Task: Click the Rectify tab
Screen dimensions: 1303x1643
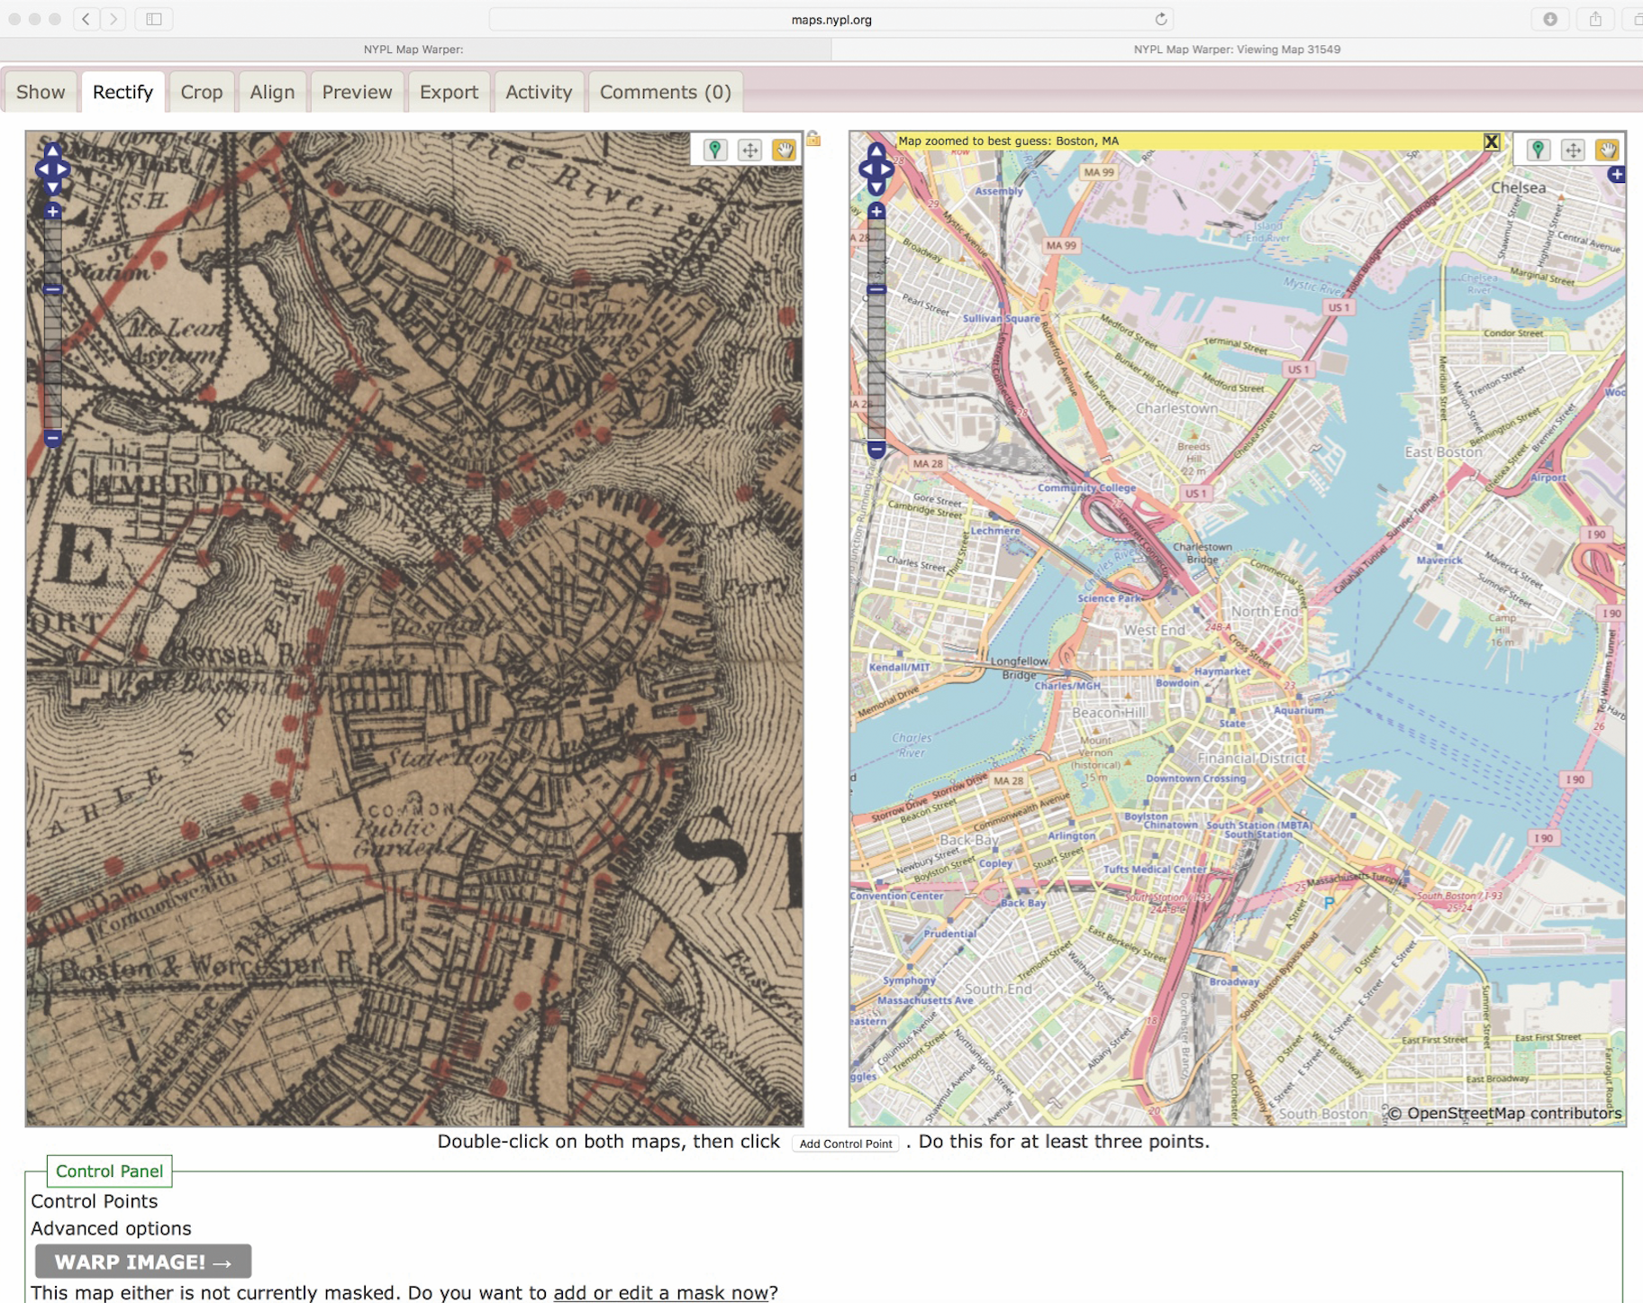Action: coord(123,92)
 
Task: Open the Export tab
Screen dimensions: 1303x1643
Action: coord(449,92)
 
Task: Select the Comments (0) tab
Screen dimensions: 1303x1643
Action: coord(665,92)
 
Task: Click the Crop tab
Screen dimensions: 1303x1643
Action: coord(201,92)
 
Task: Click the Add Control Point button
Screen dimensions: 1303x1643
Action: coord(845,1144)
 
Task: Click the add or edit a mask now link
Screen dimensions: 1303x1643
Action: coord(660,1292)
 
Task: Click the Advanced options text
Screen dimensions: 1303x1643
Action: coord(111,1228)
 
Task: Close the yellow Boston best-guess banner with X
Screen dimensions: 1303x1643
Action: coord(1492,141)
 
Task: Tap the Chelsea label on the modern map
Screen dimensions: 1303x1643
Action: coord(1518,187)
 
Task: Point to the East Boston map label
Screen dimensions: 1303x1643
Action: coord(1442,451)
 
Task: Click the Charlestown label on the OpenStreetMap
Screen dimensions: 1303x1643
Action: coord(1176,408)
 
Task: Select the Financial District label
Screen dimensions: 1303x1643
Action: coord(1251,758)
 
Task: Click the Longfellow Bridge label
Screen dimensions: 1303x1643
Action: coord(1019,668)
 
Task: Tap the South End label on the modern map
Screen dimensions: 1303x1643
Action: coord(998,989)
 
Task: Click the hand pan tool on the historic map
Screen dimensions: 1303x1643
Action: coord(784,150)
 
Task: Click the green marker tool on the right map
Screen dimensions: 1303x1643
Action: coord(1538,150)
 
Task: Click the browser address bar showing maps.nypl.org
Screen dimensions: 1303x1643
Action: coord(831,19)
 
